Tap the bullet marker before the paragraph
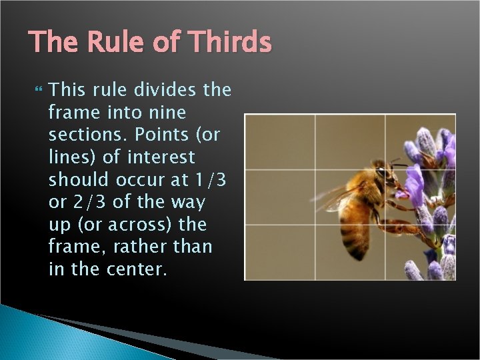point(37,89)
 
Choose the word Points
point(161,135)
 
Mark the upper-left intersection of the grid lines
point(315,169)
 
